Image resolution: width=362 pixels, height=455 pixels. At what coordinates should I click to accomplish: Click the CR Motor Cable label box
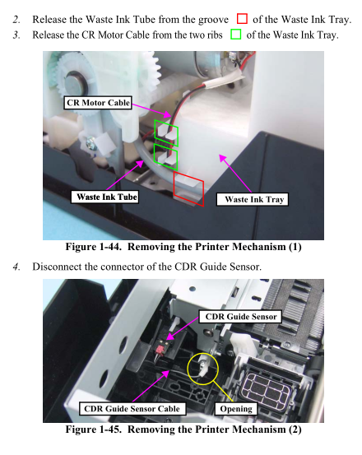98,103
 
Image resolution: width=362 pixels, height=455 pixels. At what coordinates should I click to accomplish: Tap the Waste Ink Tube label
104,197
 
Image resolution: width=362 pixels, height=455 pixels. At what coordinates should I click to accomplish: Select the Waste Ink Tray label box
253,199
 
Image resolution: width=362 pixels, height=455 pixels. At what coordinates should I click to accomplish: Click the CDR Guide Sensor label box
240,316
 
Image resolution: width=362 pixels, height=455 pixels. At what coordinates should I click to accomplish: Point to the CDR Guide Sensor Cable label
132,409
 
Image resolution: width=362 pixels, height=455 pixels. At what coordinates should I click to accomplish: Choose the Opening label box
236,409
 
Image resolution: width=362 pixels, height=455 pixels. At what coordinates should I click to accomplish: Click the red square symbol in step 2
242,19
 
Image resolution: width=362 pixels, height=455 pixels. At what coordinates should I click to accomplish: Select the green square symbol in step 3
236,35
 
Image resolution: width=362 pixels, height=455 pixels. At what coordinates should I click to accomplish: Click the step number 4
16,267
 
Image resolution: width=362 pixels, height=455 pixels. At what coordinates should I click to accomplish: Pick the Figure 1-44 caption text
183,247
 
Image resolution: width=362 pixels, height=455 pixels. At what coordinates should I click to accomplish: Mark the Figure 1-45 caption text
183,429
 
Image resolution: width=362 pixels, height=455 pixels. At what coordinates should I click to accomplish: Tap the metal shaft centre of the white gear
75,82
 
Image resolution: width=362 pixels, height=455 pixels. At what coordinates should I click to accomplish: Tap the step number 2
16,19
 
